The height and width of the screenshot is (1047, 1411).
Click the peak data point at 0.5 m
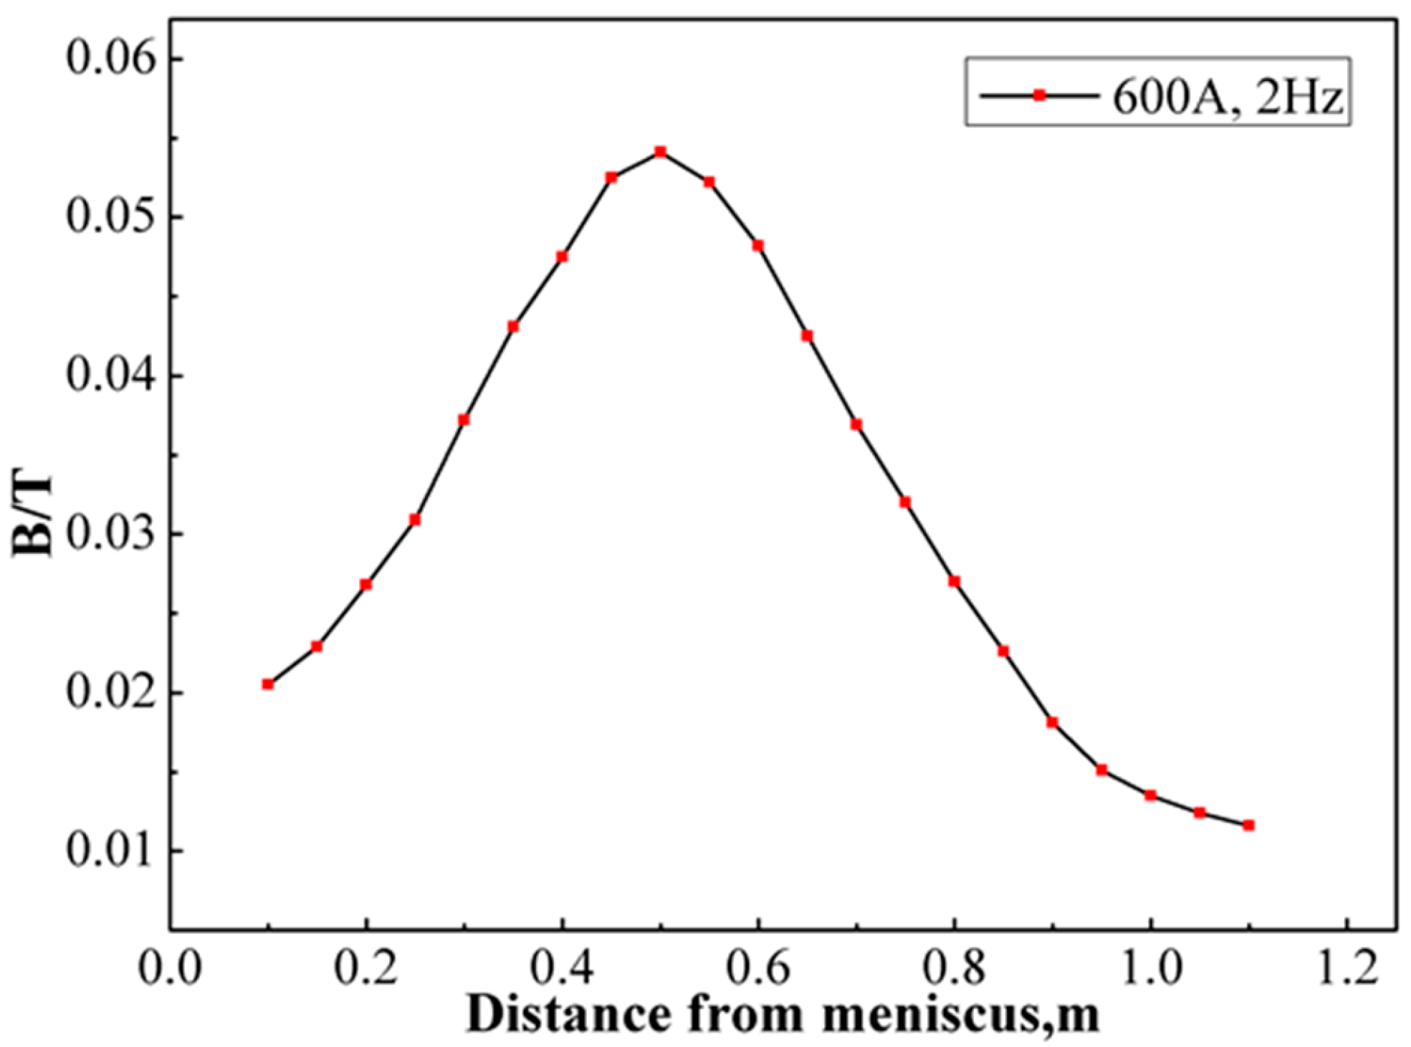point(660,152)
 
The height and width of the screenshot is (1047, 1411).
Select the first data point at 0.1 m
point(268,684)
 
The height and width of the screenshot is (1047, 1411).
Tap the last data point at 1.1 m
point(1248,826)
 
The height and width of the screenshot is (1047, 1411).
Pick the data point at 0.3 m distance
point(464,420)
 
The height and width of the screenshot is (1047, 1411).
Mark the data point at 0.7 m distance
point(856,425)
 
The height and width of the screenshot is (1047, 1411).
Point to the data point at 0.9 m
point(1052,722)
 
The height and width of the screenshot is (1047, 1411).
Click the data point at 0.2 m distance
point(365,585)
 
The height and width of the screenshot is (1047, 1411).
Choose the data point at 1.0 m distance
point(1150,795)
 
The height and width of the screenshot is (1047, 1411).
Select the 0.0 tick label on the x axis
point(170,968)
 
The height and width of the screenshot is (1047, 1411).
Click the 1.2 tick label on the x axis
point(1347,968)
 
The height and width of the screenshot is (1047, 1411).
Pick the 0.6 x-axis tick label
point(758,968)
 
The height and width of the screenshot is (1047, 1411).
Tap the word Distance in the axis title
point(569,1015)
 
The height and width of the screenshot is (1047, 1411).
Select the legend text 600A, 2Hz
point(1227,96)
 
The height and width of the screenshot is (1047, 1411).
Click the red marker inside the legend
point(1039,95)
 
